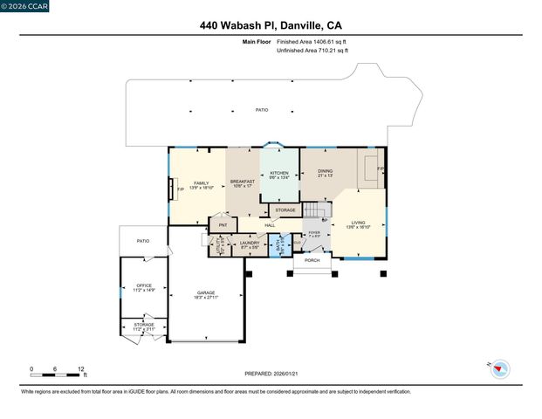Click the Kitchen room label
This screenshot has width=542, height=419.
(x=278, y=173)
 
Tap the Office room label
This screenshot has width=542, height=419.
(x=143, y=285)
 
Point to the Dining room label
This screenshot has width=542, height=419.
(x=325, y=172)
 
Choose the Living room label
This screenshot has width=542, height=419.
(x=359, y=223)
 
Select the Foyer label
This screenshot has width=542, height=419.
(x=314, y=233)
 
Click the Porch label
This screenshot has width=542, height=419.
(x=311, y=259)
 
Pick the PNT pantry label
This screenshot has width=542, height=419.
(x=223, y=225)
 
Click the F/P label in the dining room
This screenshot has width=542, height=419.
(x=381, y=168)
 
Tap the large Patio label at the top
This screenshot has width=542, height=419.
(x=262, y=110)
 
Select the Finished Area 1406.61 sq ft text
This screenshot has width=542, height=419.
(x=312, y=41)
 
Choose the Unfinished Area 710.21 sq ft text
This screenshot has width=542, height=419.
(x=312, y=50)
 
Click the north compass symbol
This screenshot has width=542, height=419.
(x=499, y=368)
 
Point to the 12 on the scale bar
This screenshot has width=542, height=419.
(x=81, y=368)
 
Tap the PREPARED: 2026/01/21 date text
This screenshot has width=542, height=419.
(x=270, y=373)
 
